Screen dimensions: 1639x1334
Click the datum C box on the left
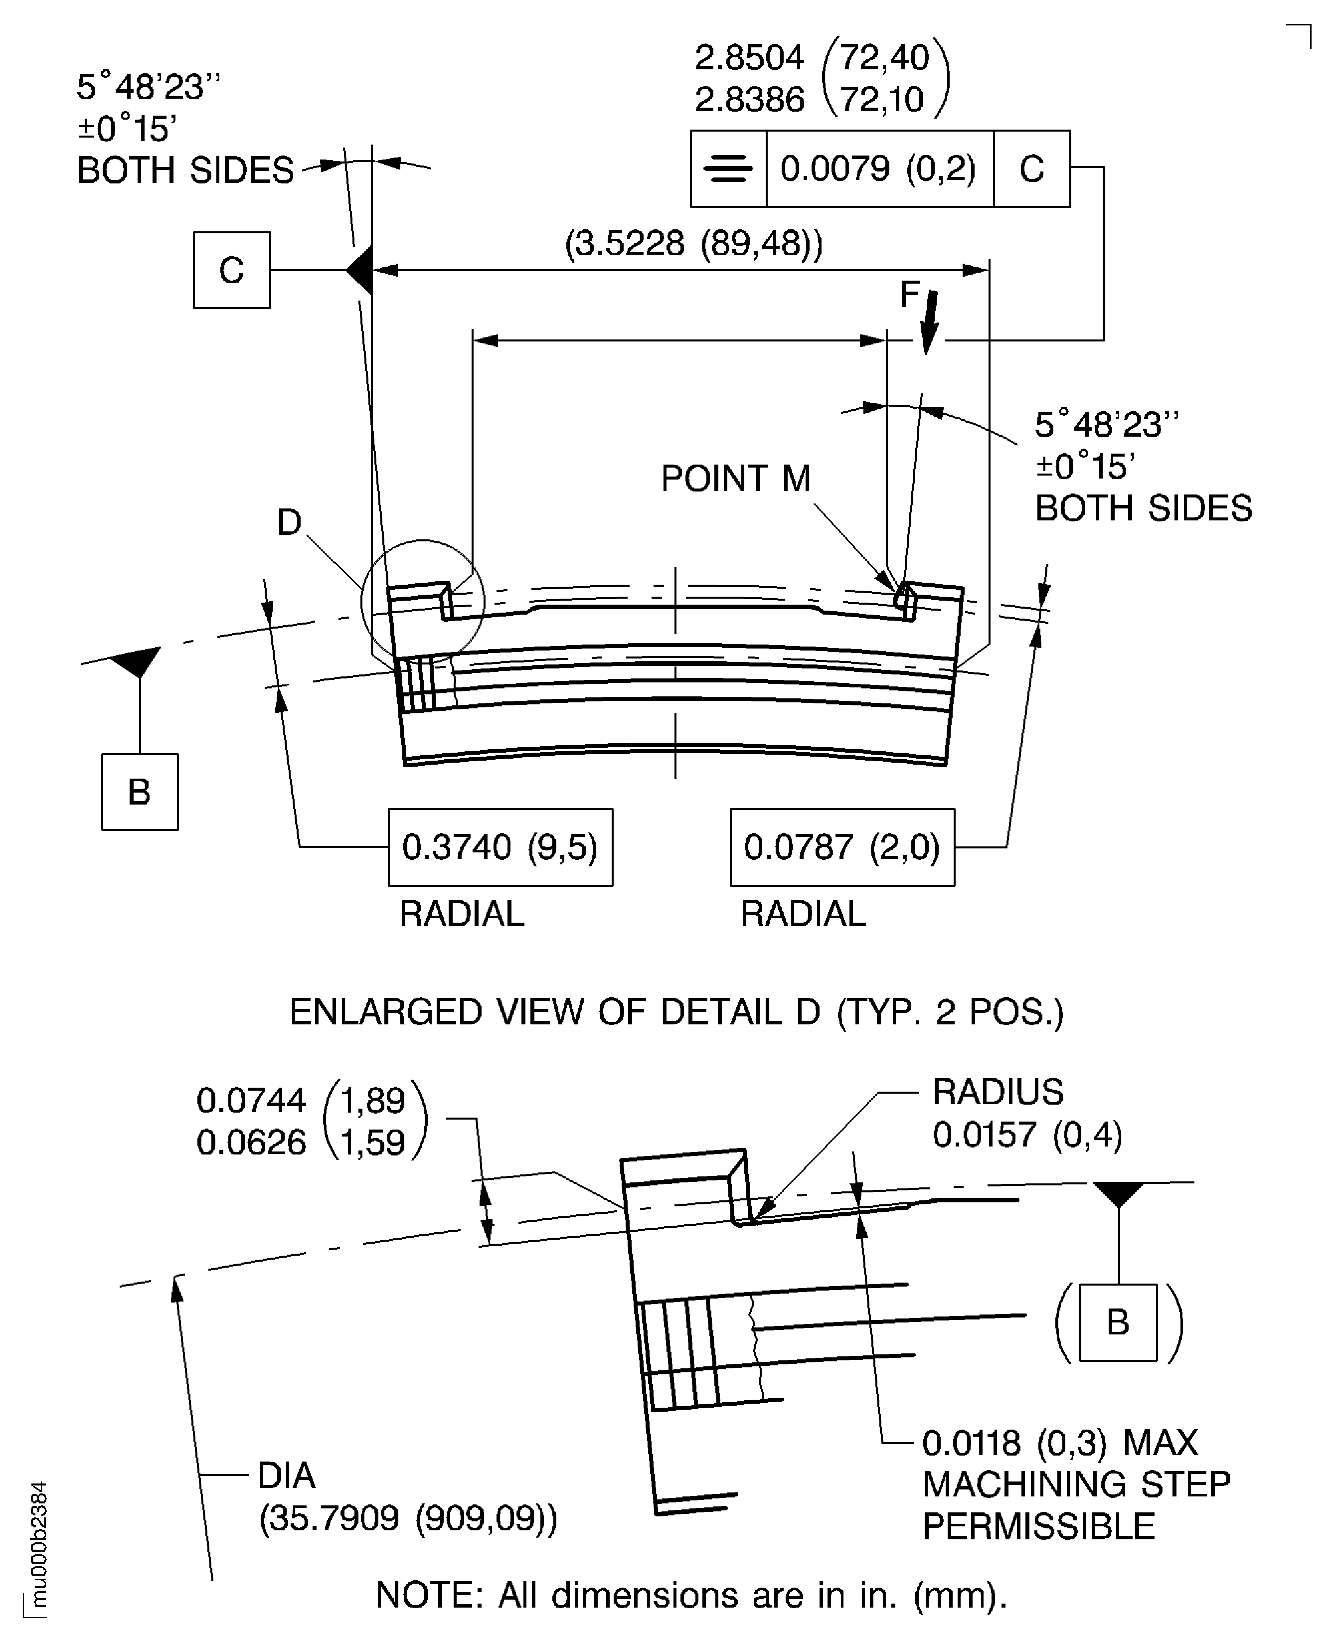tap(231, 270)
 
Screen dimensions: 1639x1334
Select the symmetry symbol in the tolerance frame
tap(728, 168)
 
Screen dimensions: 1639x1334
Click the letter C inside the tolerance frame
tap(1031, 168)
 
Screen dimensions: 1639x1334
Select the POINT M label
tap(735, 478)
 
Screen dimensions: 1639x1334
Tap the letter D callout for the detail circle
tap(289, 522)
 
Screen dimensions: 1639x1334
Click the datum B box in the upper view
tap(140, 792)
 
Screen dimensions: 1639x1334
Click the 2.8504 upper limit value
tap(749, 58)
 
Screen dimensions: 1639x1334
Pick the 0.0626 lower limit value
tap(251, 1143)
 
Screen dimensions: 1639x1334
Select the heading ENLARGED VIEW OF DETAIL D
tap(676, 1012)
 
